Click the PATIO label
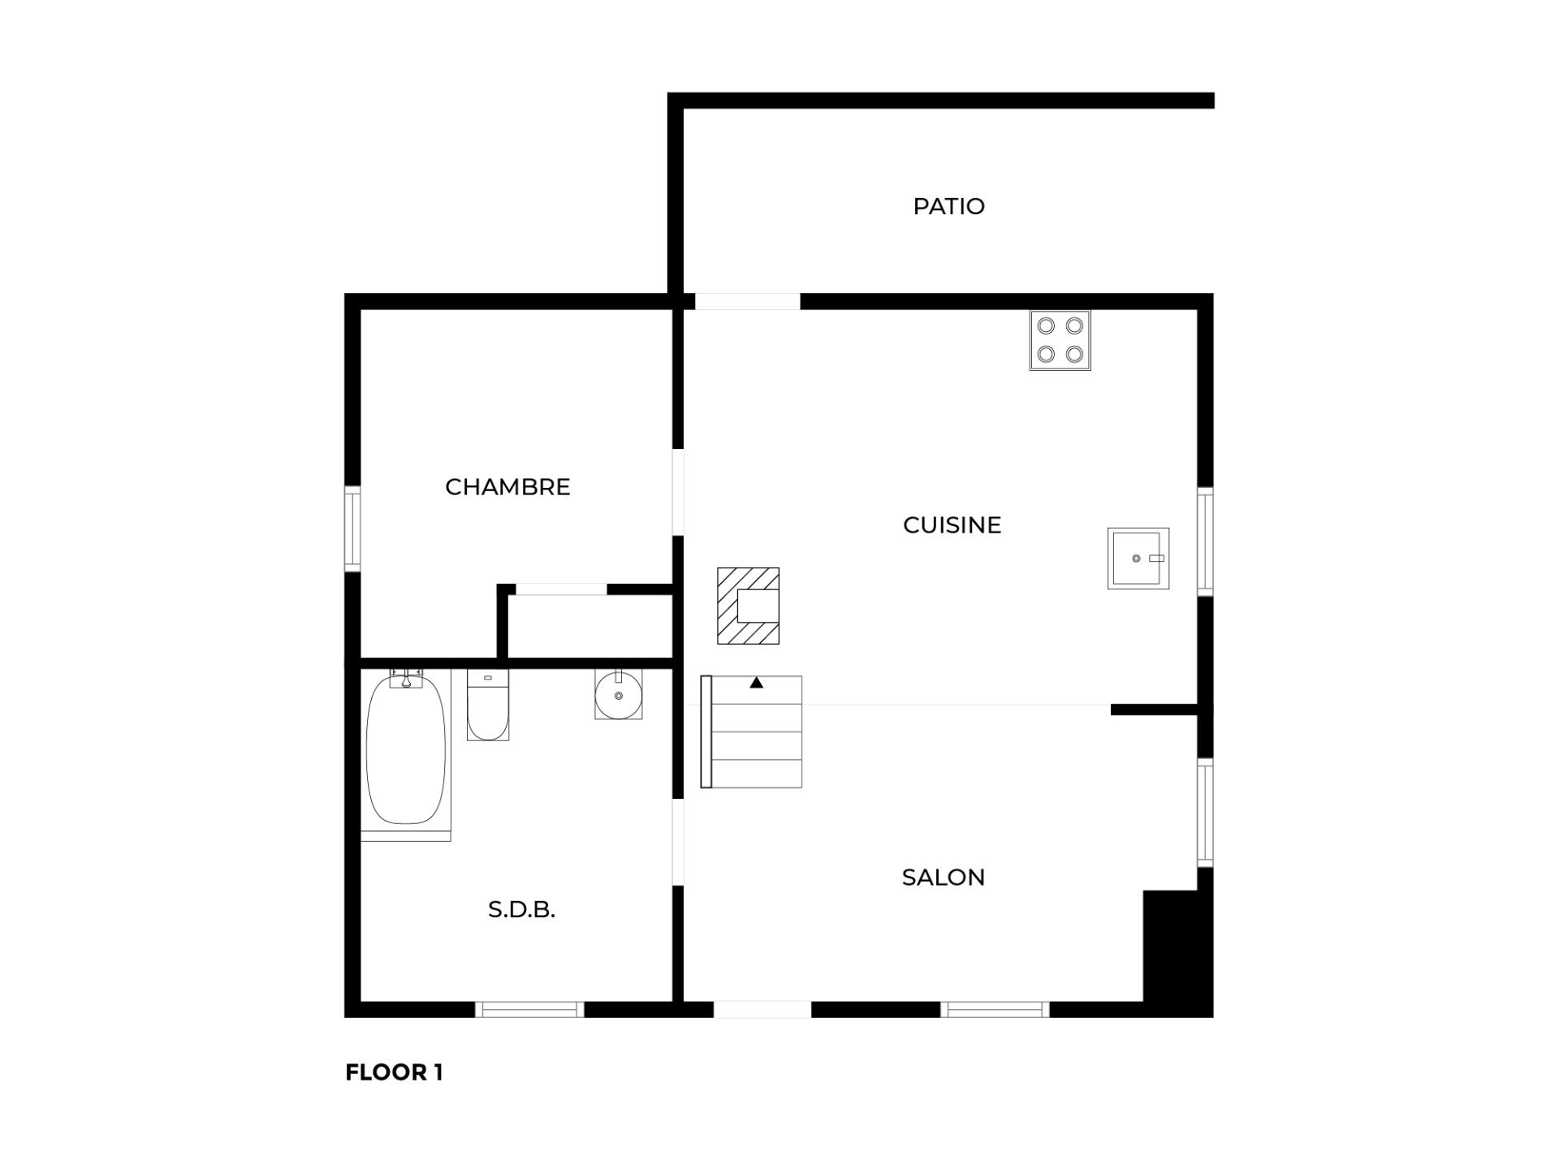[x=948, y=206]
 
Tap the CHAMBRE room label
[x=507, y=487]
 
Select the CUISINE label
[x=952, y=525]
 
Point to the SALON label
[x=943, y=878]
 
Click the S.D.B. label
[x=521, y=910]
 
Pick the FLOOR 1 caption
[x=394, y=1072]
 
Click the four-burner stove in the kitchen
[x=1060, y=340]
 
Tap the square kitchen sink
[x=1138, y=558]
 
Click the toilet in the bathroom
[x=488, y=704]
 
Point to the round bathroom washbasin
[x=618, y=694]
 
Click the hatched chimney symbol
[x=748, y=606]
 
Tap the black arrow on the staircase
[x=756, y=683]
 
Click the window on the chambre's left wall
[x=352, y=528]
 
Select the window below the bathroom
[x=529, y=1009]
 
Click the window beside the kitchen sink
[x=1205, y=541]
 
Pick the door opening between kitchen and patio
[x=747, y=301]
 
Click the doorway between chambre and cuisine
[x=678, y=492]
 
